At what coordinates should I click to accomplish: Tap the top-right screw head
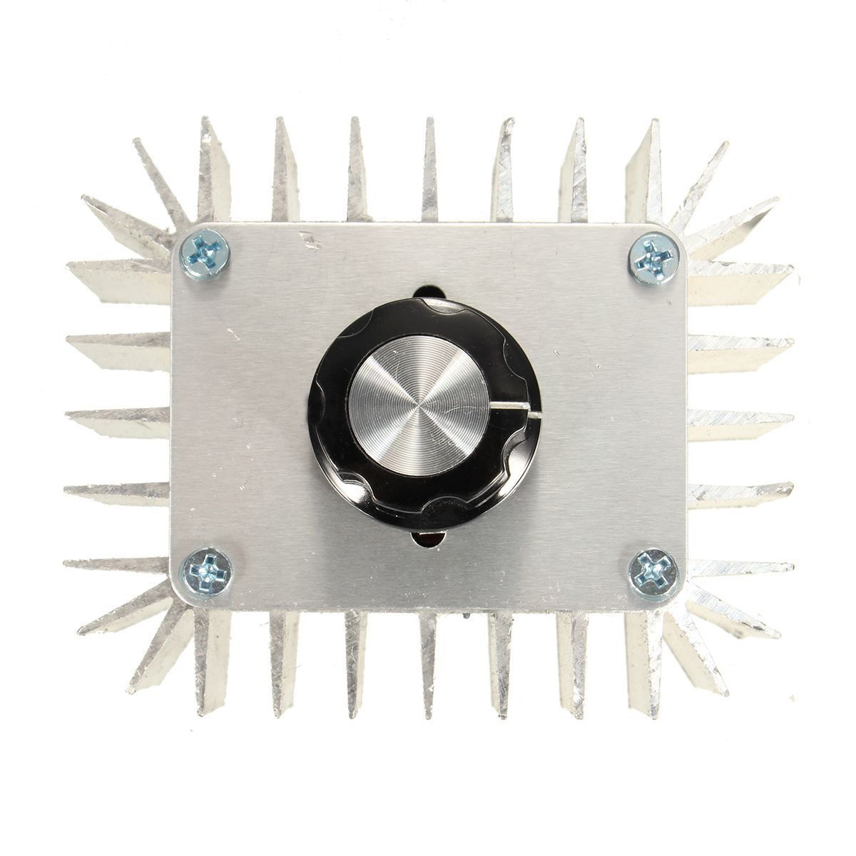pos(651,255)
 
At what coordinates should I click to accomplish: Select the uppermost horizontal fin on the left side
pos(118,278)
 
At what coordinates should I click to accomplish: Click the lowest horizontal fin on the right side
pos(742,567)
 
